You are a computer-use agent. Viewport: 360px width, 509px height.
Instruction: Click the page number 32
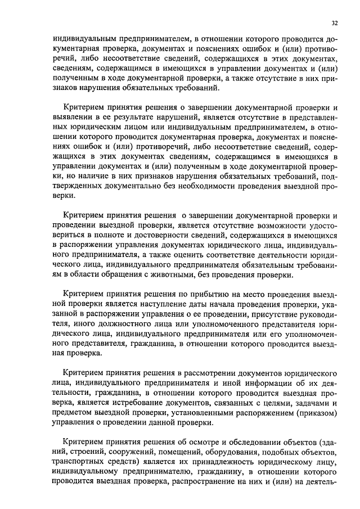tap(335, 23)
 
